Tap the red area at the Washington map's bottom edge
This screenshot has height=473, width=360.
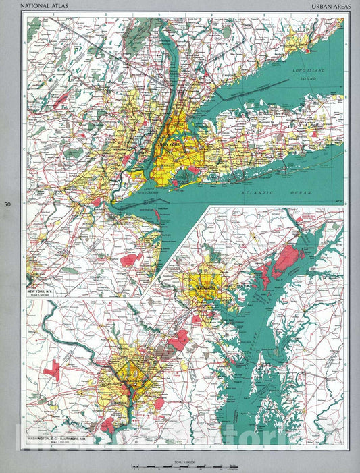[x=107, y=424]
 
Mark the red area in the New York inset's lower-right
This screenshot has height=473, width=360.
[x=128, y=260]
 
